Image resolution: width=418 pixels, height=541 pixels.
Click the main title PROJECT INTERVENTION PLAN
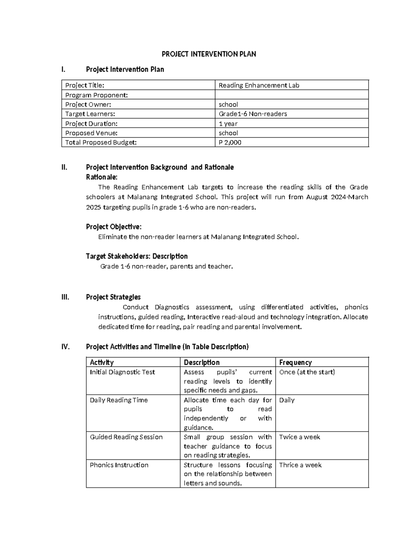pyautogui.click(x=209, y=54)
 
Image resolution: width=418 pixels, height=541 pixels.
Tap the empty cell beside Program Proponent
pyautogui.click(x=291, y=95)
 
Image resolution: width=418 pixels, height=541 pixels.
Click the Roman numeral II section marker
pyautogui.click(x=64, y=167)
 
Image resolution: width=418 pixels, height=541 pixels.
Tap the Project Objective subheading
pyautogui.click(x=114, y=227)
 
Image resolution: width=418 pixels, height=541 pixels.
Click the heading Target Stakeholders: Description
pyautogui.click(x=137, y=256)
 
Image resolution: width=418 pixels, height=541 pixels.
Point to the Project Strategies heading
pyautogui.click(x=113, y=297)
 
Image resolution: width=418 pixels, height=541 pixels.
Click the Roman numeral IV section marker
pyautogui.click(x=65, y=347)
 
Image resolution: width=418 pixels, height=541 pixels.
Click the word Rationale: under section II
pyautogui.click(x=102, y=177)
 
